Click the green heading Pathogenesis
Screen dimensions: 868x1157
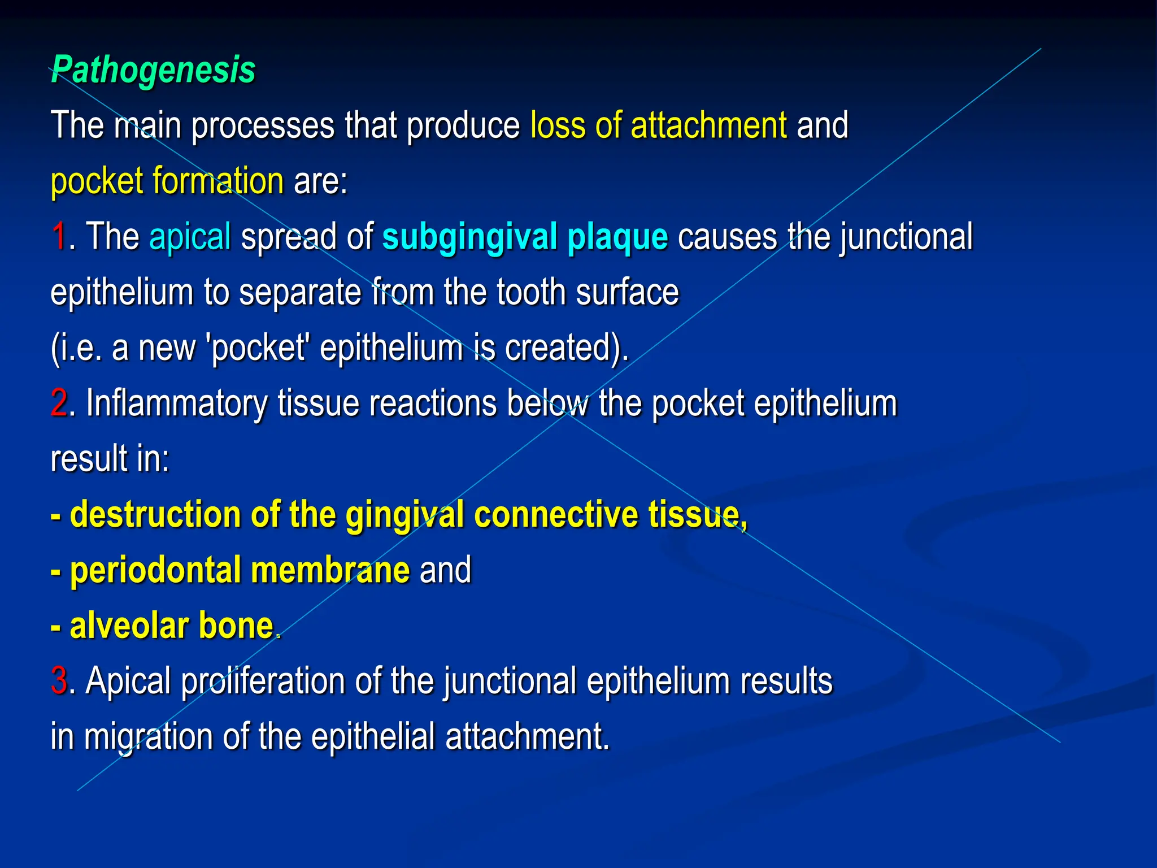coord(153,70)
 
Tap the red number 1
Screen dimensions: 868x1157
coord(58,236)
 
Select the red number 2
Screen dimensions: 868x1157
coord(58,403)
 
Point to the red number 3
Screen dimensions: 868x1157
coord(59,680)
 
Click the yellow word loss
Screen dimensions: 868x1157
coord(558,125)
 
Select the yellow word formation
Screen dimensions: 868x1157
coord(218,181)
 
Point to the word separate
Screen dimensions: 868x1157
coord(300,293)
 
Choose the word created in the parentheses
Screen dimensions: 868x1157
coord(559,348)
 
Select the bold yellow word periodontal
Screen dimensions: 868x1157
coord(155,570)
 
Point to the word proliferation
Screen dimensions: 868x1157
coord(263,681)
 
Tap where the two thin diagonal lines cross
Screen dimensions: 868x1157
coord(564,415)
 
